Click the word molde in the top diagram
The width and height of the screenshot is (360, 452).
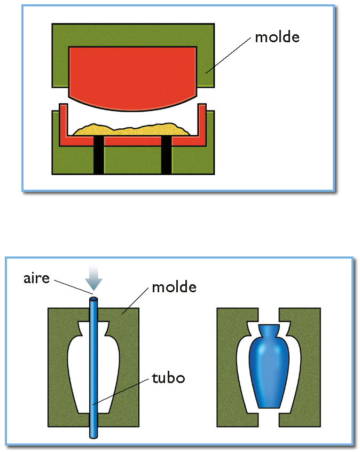tap(277, 37)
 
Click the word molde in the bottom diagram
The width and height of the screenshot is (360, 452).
tap(174, 287)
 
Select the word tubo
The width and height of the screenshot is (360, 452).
tap(168, 378)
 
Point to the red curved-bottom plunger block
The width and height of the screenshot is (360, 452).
tap(133, 75)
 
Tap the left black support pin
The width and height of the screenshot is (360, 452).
tap(98, 155)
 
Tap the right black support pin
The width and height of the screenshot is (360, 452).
tap(167, 155)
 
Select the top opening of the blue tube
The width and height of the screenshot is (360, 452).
tap(93, 300)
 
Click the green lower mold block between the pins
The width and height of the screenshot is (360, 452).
tap(132, 160)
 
